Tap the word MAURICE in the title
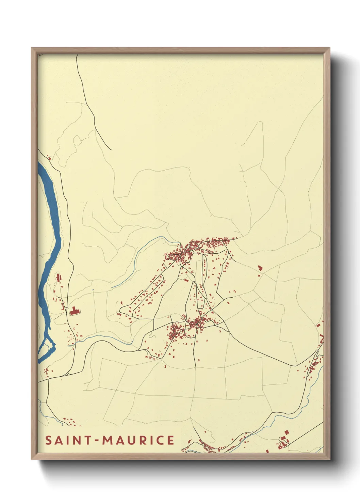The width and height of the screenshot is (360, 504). pyautogui.click(x=138, y=440)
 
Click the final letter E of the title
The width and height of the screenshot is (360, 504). pyautogui.click(x=170, y=440)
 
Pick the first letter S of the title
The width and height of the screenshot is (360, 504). pyautogui.click(x=49, y=440)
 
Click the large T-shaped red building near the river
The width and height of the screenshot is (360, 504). pyautogui.click(x=75, y=311)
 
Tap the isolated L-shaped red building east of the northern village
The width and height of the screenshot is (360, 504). pyautogui.click(x=260, y=268)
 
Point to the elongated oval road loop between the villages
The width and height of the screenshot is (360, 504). pyautogui.click(x=194, y=300)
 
